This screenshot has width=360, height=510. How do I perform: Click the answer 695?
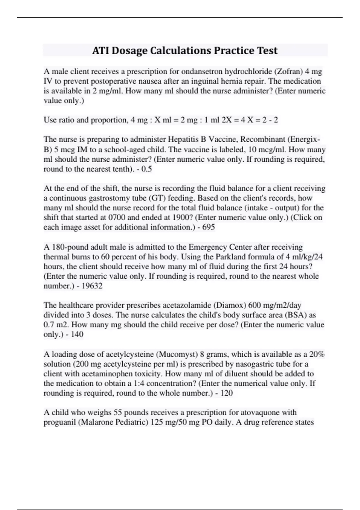(208, 227)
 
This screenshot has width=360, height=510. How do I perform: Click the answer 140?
(77, 334)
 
